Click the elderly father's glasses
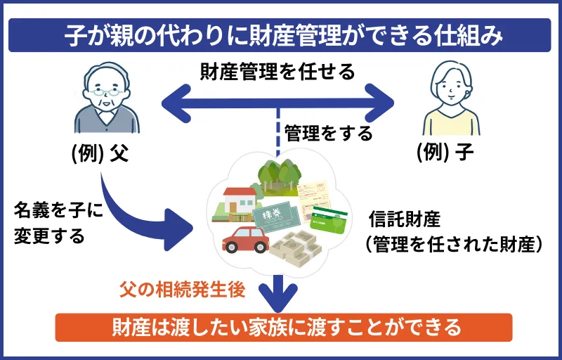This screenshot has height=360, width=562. click(107, 91)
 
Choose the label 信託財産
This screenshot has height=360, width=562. click(404, 219)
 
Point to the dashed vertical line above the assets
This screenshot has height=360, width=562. click(279, 134)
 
